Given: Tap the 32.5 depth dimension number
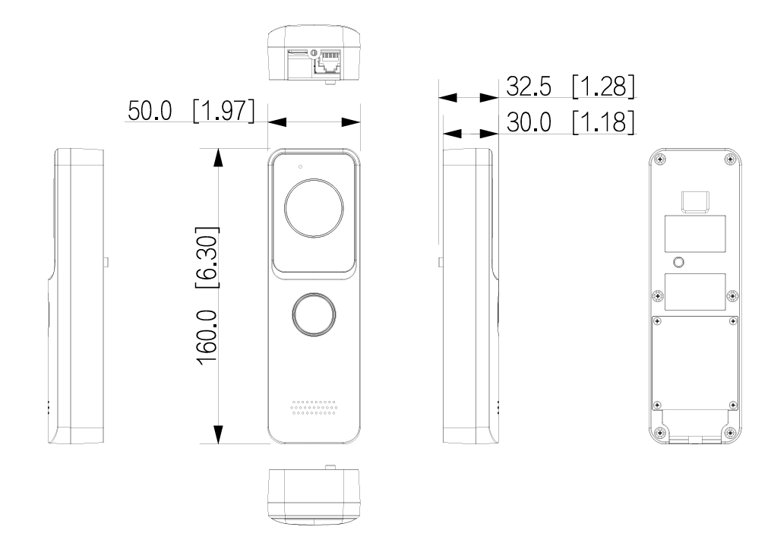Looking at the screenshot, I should tap(529, 87).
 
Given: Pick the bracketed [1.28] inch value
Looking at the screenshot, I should tap(602, 87).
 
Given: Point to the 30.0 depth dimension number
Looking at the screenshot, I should tap(529, 122).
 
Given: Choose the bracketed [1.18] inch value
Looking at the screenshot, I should tap(602, 122).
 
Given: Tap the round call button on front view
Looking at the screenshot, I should tap(313, 314).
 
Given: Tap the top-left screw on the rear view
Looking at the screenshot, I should tap(659, 159).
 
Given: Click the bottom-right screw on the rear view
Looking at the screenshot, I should tap(730, 433).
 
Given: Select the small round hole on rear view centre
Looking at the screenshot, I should tap(678, 262).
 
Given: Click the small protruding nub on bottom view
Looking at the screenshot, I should tap(329, 467).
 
